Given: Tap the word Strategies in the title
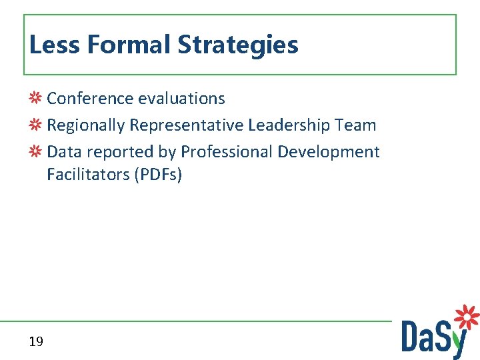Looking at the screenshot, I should pos(238,46).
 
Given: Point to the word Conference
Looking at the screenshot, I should pos(90,99).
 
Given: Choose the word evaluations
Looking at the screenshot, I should pos(181,99).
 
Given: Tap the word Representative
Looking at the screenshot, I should pos(187,125).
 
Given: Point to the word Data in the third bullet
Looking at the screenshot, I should pos(64,152).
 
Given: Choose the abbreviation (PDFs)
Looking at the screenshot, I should pos(158,175).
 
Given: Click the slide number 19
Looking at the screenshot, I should pos(36,342).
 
